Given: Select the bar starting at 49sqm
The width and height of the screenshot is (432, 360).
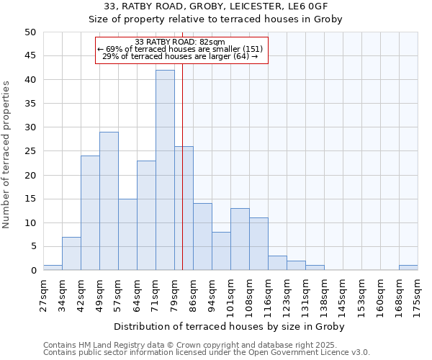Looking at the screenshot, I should click(x=109, y=201).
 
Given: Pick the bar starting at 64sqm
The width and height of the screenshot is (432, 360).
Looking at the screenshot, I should click(x=146, y=215).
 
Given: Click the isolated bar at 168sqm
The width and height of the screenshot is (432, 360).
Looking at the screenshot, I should click(x=408, y=268).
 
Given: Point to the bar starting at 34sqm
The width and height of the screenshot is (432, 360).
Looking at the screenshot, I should click(x=71, y=253).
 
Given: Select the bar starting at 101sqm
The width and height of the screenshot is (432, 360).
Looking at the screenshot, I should click(x=240, y=239).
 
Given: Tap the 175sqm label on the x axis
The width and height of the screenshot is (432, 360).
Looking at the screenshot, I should click(x=418, y=293).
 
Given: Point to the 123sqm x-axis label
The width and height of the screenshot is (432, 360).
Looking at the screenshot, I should click(x=287, y=293).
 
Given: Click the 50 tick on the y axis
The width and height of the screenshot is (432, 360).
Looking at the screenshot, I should click(x=30, y=32).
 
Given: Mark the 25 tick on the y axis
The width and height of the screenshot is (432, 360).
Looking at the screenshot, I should click(x=30, y=151).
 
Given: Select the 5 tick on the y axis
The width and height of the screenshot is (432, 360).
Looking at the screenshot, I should click(x=32, y=247).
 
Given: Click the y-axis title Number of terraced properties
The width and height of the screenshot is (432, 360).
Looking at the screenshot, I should click(x=6, y=154).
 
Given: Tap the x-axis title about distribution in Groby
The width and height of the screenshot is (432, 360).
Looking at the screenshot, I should click(x=229, y=326).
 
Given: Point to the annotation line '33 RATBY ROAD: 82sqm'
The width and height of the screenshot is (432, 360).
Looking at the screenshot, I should click(x=180, y=42).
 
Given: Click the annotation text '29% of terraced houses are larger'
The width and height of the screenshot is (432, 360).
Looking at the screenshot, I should click(x=180, y=56).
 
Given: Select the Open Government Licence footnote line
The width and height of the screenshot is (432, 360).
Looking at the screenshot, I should click(x=207, y=353).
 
